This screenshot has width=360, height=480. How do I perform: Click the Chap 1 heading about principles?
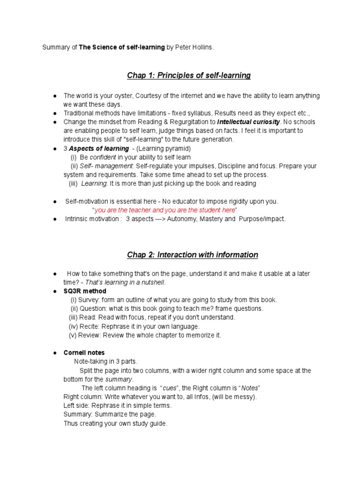point(189,75)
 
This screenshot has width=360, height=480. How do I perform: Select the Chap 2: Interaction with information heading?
point(193,255)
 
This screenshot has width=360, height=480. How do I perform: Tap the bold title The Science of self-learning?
point(122,47)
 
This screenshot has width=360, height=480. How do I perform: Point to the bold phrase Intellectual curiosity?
point(248,122)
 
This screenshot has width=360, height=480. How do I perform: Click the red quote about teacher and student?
point(165,210)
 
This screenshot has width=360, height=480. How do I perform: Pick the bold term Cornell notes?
point(84,352)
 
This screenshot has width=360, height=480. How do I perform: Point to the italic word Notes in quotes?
point(251,388)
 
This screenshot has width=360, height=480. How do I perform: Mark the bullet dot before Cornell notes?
point(55,352)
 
